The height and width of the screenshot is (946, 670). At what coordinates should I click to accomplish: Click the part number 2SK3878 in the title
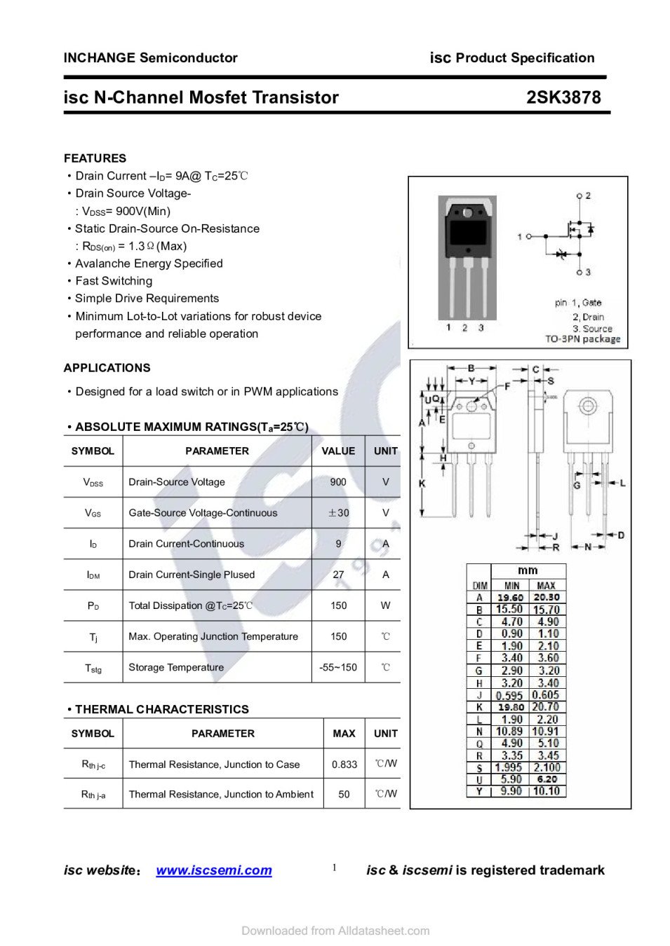[563, 97]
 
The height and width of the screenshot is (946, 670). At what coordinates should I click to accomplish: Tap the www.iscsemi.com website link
[214, 870]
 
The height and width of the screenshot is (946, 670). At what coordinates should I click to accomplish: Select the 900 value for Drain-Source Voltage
[338, 482]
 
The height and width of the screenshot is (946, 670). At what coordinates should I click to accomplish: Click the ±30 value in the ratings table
[338, 513]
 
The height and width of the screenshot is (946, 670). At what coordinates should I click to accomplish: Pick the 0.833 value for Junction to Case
[344, 765]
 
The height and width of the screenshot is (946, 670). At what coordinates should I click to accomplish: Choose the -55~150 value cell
[338, 668]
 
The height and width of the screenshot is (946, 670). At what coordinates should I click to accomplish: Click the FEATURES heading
[95, 158]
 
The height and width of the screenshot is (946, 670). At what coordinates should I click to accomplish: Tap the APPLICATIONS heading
[107, 368]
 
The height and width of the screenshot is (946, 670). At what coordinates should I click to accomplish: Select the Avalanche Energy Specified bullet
[149, 263]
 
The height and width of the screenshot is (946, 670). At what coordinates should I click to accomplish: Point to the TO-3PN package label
[583, 339]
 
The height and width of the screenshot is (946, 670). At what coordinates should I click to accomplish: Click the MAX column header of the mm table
[546, 586]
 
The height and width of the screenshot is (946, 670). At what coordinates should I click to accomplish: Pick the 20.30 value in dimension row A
[546, 598]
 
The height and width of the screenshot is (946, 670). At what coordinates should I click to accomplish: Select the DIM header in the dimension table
[480, 586]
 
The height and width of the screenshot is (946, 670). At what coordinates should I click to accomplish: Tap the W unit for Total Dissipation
[385, 605]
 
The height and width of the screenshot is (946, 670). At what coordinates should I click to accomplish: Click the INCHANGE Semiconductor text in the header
[150, 58]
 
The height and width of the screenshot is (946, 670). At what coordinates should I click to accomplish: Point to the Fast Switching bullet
[114, 281]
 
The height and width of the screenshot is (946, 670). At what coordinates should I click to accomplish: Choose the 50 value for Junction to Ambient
[344, 795]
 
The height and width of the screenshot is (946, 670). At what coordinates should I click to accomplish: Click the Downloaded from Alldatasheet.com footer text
[335, 931]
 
